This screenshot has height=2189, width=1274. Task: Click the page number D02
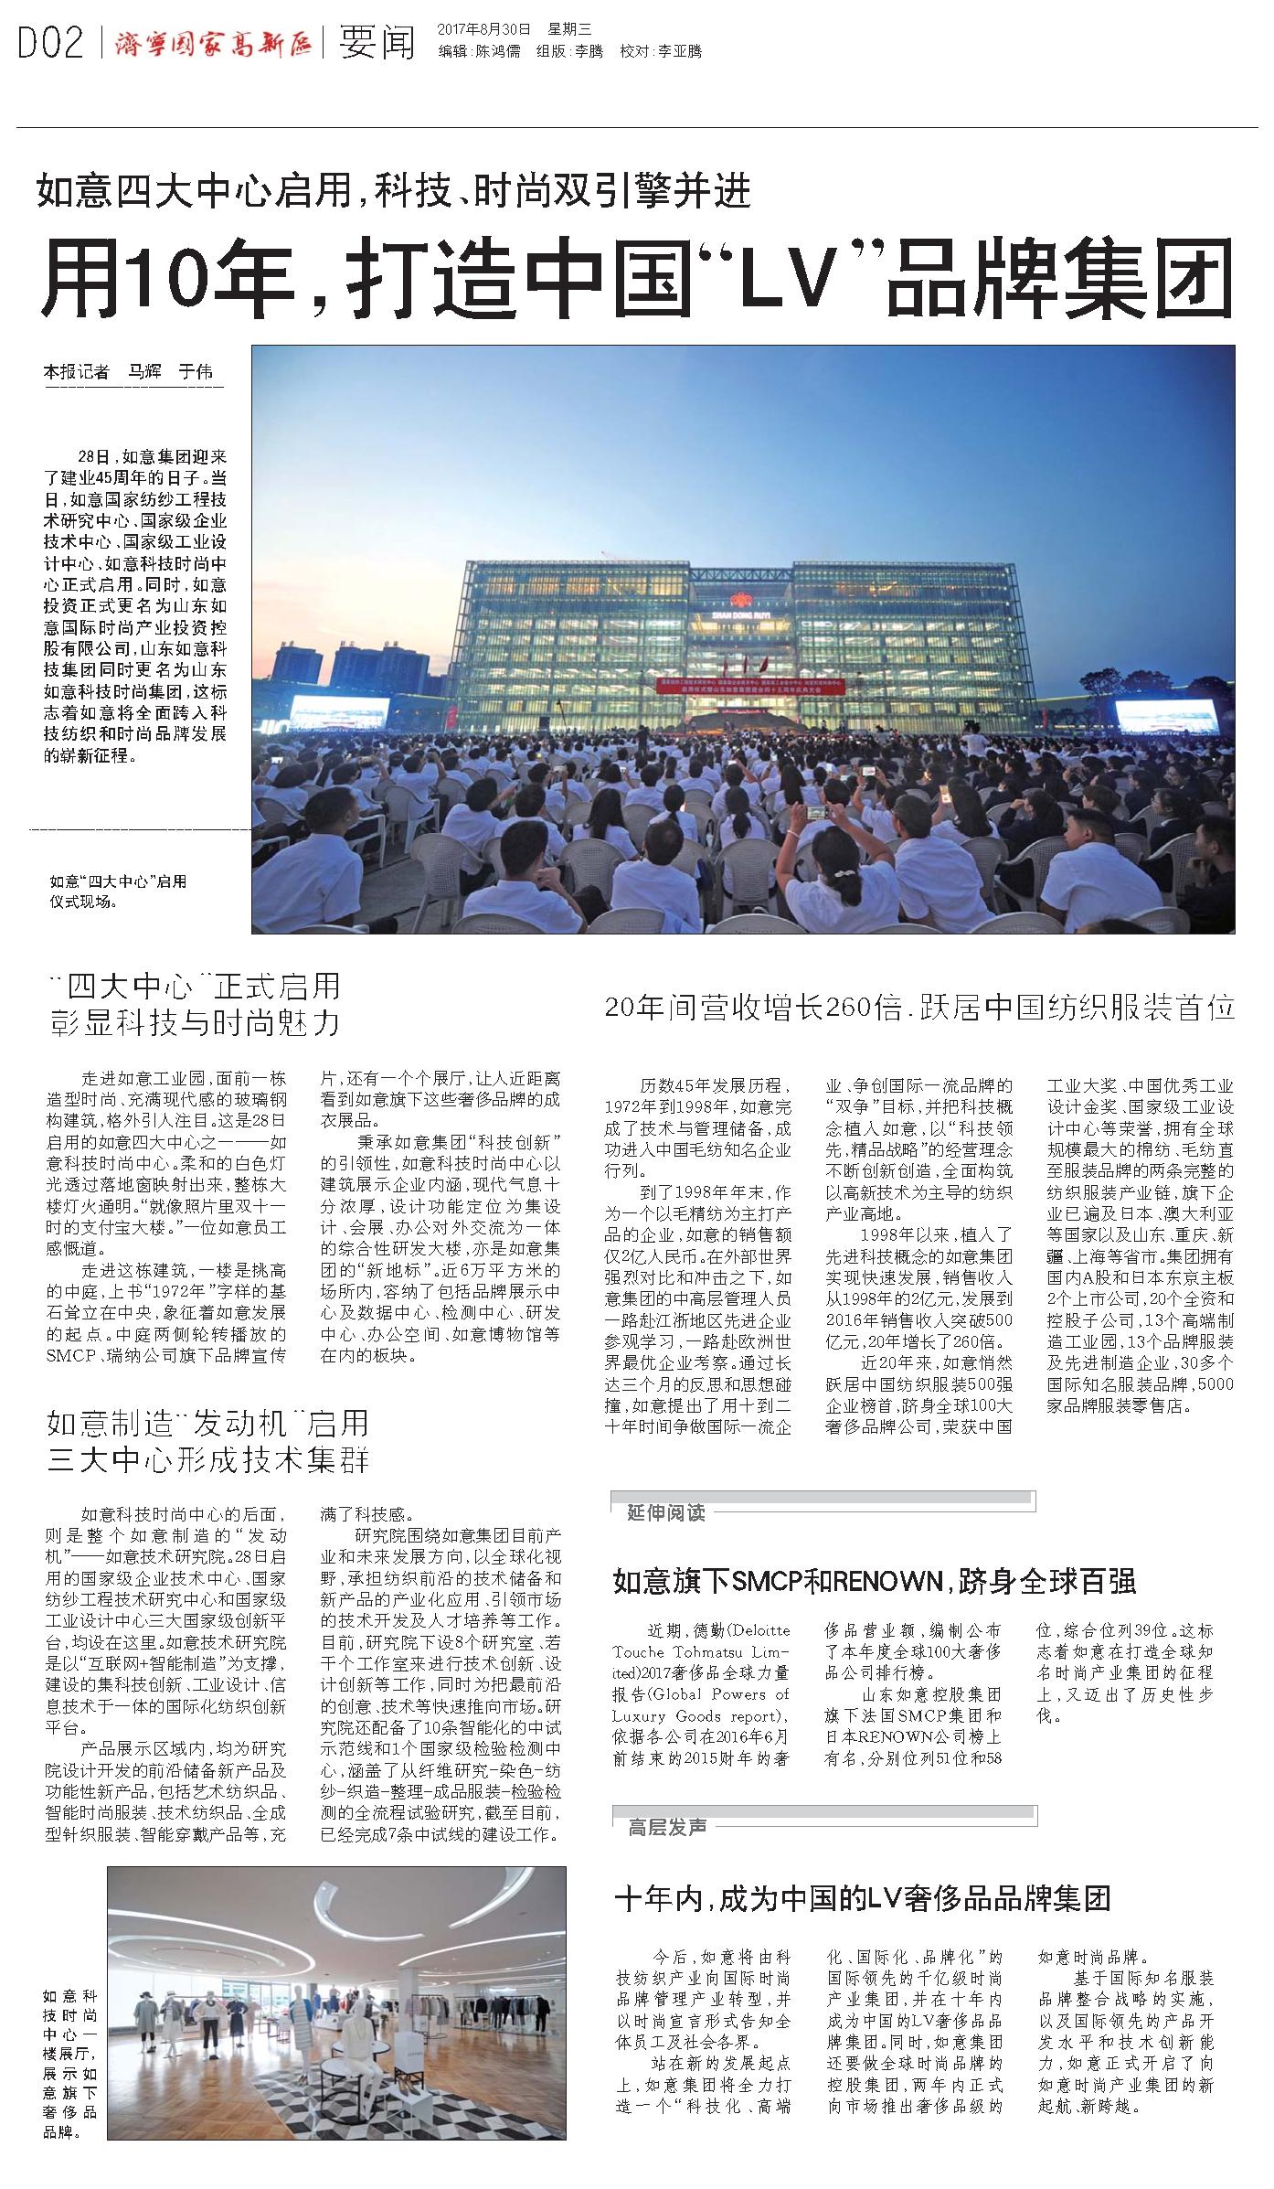coord(51,41)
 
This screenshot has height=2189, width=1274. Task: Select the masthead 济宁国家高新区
coord(213,42)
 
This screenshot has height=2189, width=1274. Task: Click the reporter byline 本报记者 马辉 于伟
coord(128,372)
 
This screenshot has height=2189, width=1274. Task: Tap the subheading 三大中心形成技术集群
coord(208,1460)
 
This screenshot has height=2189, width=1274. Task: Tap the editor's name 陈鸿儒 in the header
coord(498,51)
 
